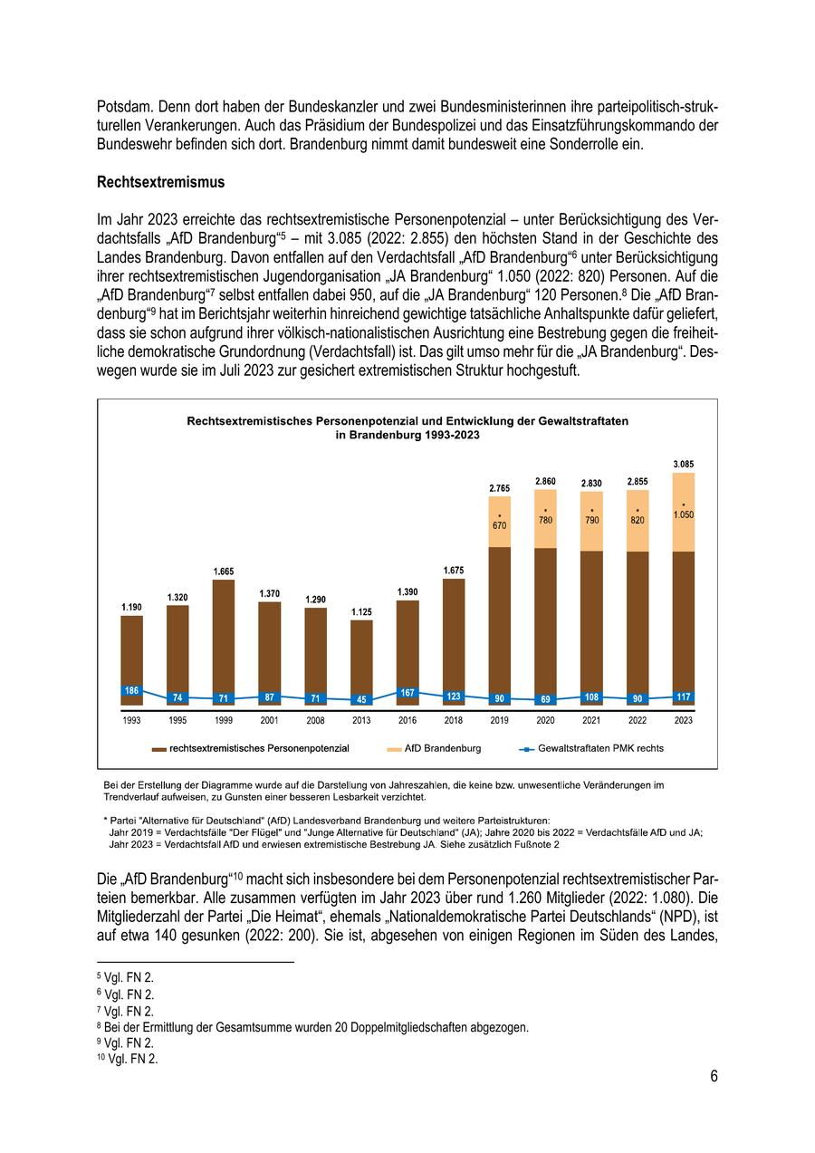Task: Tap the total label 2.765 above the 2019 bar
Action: coord(500,488)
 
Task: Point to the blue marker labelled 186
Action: coord(131,690)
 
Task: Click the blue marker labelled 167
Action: coord(407,693)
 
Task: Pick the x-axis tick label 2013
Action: coord(361,721)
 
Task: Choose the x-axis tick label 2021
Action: coord(591,721)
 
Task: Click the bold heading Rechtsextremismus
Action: coord(160,182)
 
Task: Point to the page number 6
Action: coord(714,1076)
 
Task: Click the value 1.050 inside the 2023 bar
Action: coord(684,514)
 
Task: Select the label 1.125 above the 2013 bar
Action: coord(361,612)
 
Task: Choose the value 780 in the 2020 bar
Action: coord(546,520)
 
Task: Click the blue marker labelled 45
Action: coord(361,699)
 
